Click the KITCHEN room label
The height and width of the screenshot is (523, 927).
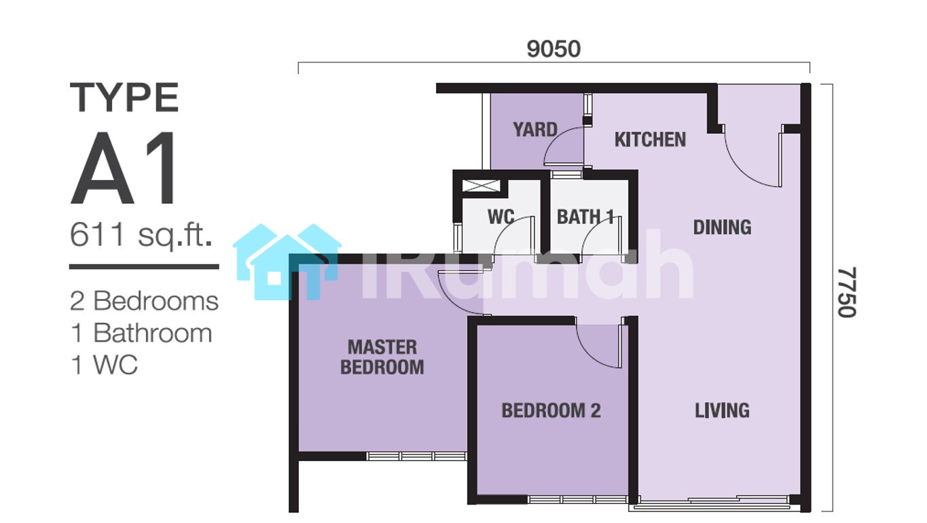click(650, 139)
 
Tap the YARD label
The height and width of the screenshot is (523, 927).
click(535, 130)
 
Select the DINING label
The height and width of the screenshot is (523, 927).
click(722, 227)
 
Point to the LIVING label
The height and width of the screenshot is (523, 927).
click(722, 410)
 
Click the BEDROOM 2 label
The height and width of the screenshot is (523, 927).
click(551, 410)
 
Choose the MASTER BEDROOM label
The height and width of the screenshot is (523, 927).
click(382, 357)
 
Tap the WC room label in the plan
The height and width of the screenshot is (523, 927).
click(501, 217)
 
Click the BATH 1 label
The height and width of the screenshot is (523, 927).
click(585, 217)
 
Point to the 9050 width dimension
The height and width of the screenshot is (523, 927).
click(553, 49)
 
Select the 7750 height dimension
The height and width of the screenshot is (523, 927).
click(847, 292)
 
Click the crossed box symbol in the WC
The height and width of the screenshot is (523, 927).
click(481, 186)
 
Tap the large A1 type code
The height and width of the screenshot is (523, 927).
click(124, 168)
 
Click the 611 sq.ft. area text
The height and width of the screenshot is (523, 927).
click(141, 235)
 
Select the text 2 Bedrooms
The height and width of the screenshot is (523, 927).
click(144, 301)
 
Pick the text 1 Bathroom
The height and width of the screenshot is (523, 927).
click(141, 333)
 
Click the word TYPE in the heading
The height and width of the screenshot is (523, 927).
click(124, 97)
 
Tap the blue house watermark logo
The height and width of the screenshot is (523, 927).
click(287, 261)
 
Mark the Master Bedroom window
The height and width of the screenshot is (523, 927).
click(417, 456)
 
